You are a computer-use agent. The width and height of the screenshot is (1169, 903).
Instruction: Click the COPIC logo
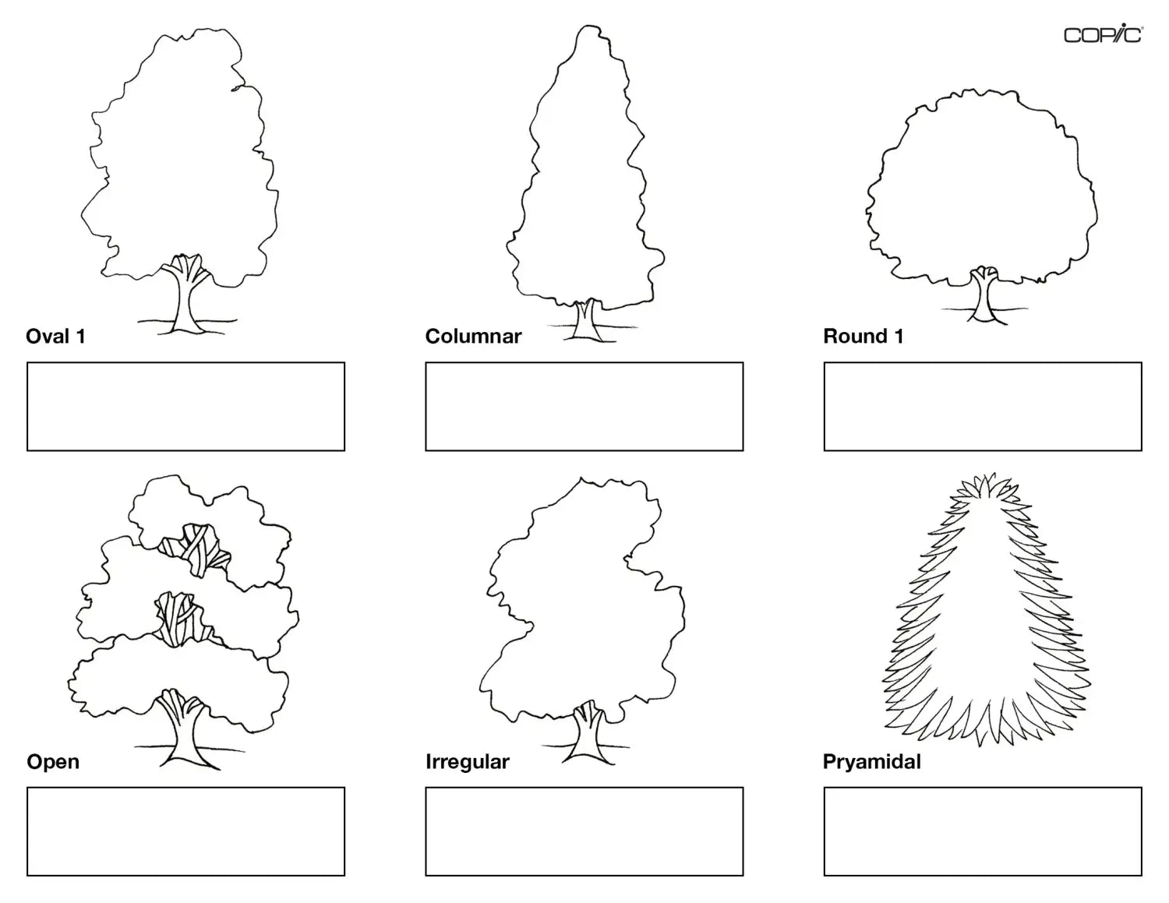click(x=1103, y=35)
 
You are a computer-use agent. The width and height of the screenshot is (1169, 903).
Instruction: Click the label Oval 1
click(x=55, y=337)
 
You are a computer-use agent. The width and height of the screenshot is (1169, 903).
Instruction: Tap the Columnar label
click(x=473, y=337)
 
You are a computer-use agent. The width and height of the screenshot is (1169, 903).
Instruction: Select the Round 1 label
click(x=863, y=337)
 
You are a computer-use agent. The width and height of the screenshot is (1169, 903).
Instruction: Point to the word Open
click(x=53, y=761)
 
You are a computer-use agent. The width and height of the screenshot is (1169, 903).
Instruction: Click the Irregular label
click(x=467, y=761)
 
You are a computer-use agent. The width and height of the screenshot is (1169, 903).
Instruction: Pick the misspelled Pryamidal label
click(x=871, y=761)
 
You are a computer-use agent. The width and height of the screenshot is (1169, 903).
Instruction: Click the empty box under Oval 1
click(x=185, y=406)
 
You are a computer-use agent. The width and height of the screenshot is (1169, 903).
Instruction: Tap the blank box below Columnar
click(x=584, y=406)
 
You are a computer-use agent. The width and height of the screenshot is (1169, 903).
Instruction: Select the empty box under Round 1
click(x=982, y=406)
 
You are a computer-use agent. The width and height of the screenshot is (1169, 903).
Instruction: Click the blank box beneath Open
click(x=185, y=831)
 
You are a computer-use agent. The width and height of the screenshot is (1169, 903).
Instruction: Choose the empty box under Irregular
click(x=584, y=831)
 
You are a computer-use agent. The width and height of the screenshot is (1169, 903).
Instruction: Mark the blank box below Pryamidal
click(x=982, y=831)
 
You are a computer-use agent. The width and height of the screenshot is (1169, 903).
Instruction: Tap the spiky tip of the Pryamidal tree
click(x=987, y=481)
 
